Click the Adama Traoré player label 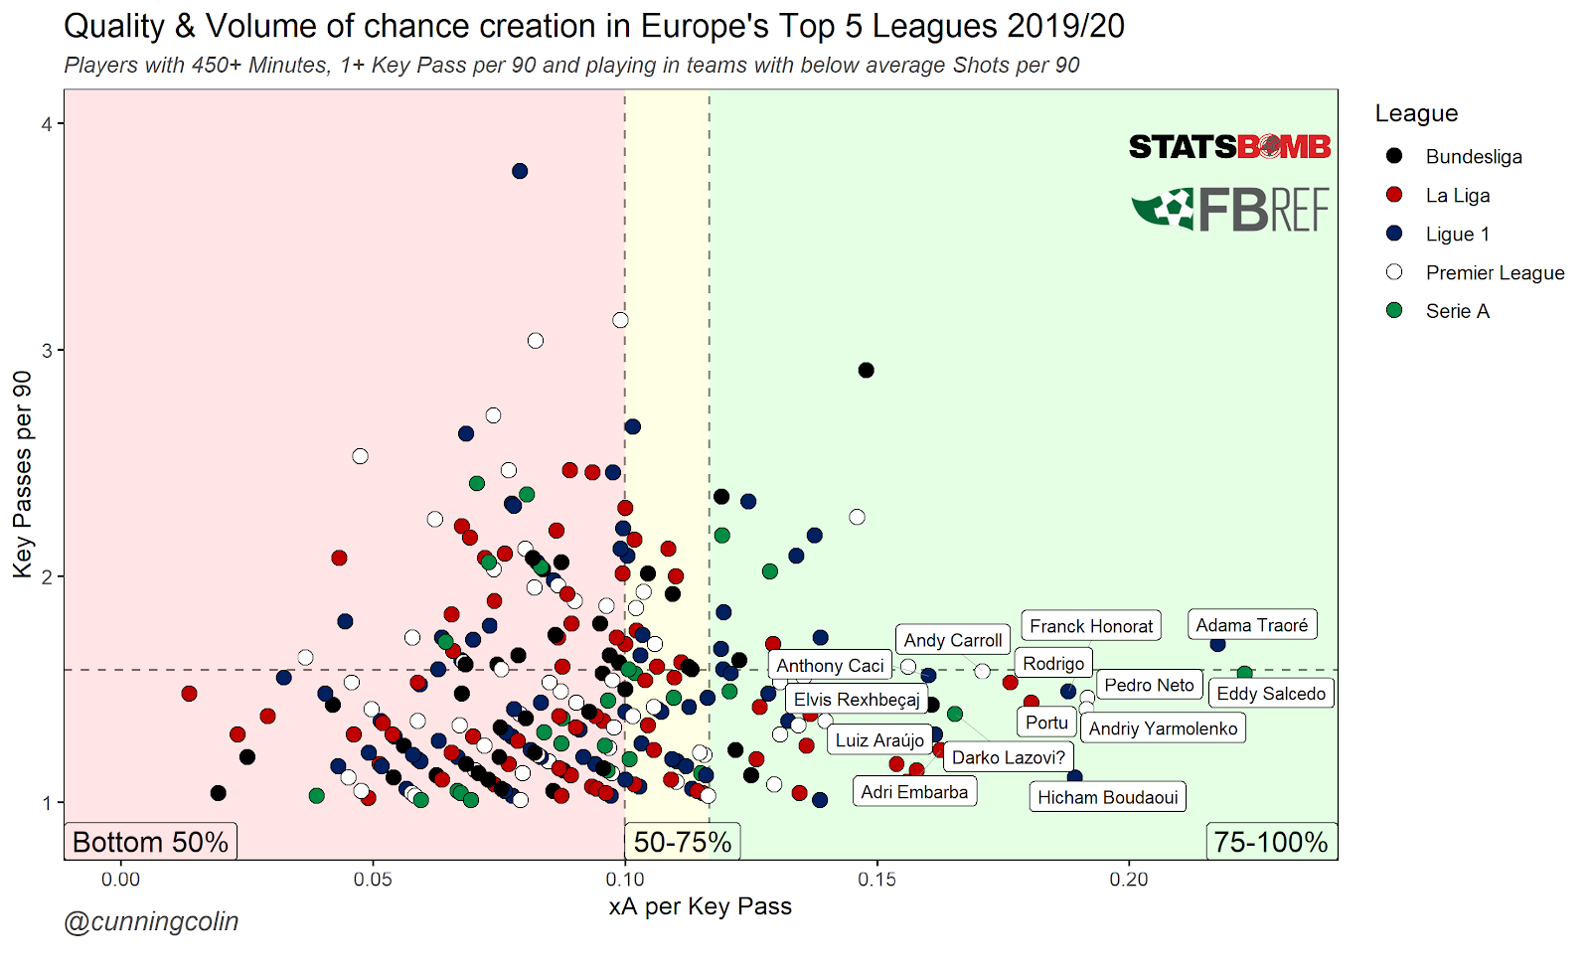(1251, 625)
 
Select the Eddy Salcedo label (1271, 694)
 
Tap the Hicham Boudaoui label (1107, 797)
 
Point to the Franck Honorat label (1091, 626)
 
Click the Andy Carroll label (952, 641)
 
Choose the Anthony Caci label (830, 666)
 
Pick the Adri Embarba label (914, 792)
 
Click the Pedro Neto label (1149, 685)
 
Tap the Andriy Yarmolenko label (1163, 728)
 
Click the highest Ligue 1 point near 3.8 (520, 172)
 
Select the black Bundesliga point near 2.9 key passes (866, 371)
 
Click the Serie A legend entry (1457, 311)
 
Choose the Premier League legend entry (1494, 272)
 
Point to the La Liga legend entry (1457, 196)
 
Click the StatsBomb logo (1229, 148)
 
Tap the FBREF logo (1231, 210)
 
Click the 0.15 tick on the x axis (876, 880)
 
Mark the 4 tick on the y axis (46, 124)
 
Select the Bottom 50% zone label (150, 843)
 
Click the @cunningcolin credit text (151, 922)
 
